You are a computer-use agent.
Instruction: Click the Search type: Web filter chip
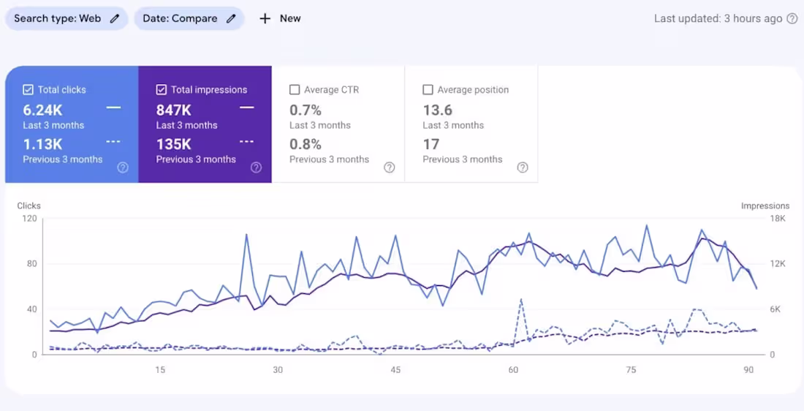(x=66, y=18)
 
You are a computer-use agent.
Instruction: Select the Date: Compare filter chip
(x=189, y=18)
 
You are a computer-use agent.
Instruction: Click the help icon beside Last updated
(x=792, y=19)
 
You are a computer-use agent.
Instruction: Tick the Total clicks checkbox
(x=29, y=90)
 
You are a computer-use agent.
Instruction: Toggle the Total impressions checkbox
(x=162, y=90)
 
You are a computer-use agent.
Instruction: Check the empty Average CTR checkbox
(x=295, y=90)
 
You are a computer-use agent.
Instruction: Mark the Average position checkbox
(x=428, y=90)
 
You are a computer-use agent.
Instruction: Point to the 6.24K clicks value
(x=42, y=110)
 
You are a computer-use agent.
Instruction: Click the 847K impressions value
(x=174, y=110)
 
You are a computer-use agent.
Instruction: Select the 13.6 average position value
(x=438, y=110)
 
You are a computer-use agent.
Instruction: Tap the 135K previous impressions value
(x=174, y=144)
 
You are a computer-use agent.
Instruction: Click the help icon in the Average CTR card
(x=390, y=167)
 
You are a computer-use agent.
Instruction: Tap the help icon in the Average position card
(x=523, y=167)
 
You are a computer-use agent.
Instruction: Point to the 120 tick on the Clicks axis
(x=29, y=219)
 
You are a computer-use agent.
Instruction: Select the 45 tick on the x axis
(x=395, y=370)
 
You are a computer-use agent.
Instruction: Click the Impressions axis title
(x=765, y=206)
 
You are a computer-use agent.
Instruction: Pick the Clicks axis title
(x=29, y=206)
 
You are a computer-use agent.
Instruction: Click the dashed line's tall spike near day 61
(x=520, y=300)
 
